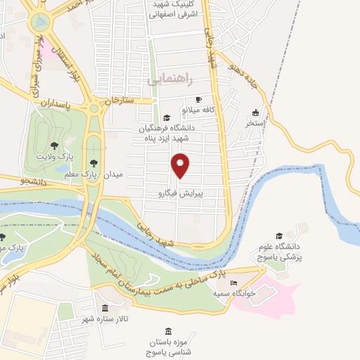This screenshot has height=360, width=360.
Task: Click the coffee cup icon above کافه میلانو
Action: (x=198, y=99)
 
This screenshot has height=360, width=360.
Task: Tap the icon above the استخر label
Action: (x=255, y=112)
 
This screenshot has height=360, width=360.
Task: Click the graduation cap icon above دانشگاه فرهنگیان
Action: (x=167, y=117)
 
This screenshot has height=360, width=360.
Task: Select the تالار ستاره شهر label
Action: (x=105, y=321)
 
